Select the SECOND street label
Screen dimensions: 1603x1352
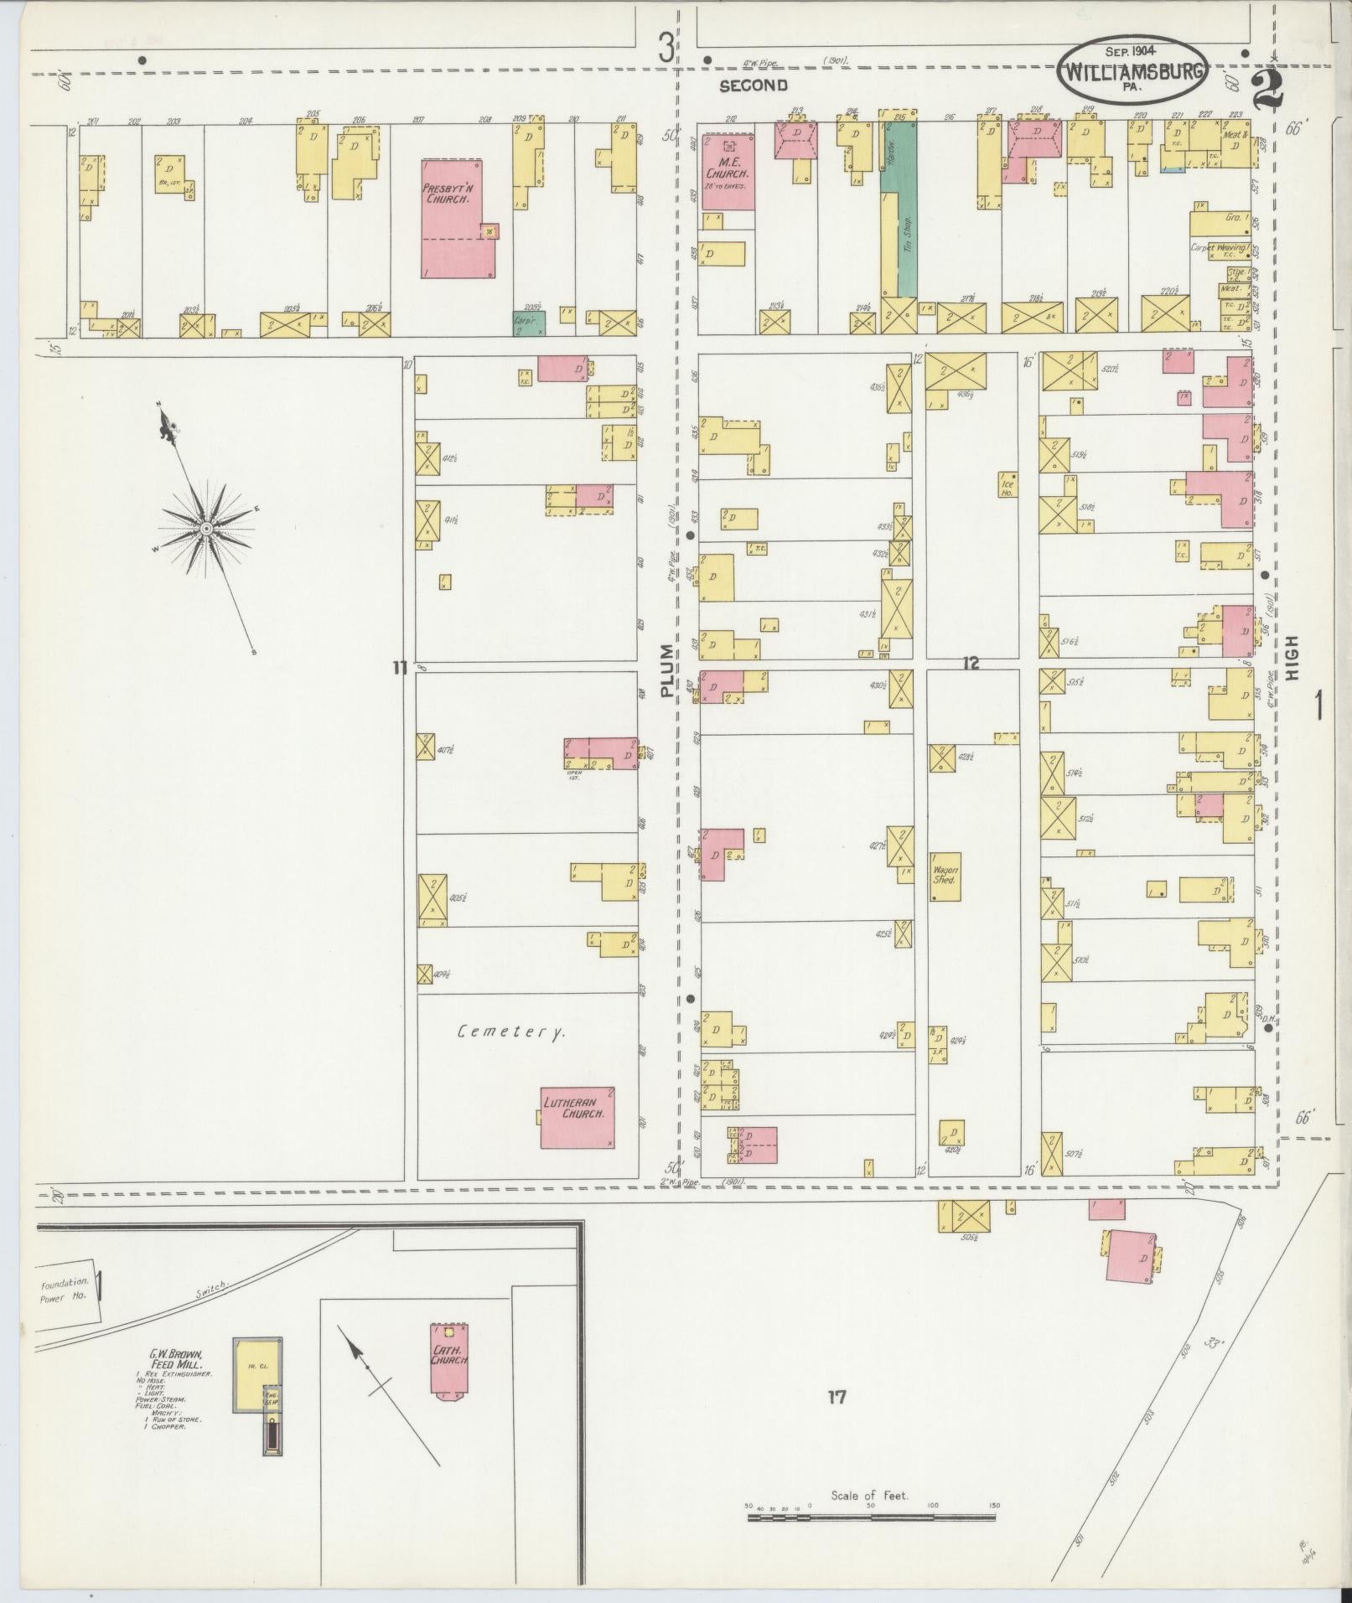click(753, 85)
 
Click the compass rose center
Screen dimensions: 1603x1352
click(205, 528)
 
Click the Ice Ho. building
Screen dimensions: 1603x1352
click(1007, 485)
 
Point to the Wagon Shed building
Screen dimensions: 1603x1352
click(945, 876)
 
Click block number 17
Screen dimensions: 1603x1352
click(836, 1397)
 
